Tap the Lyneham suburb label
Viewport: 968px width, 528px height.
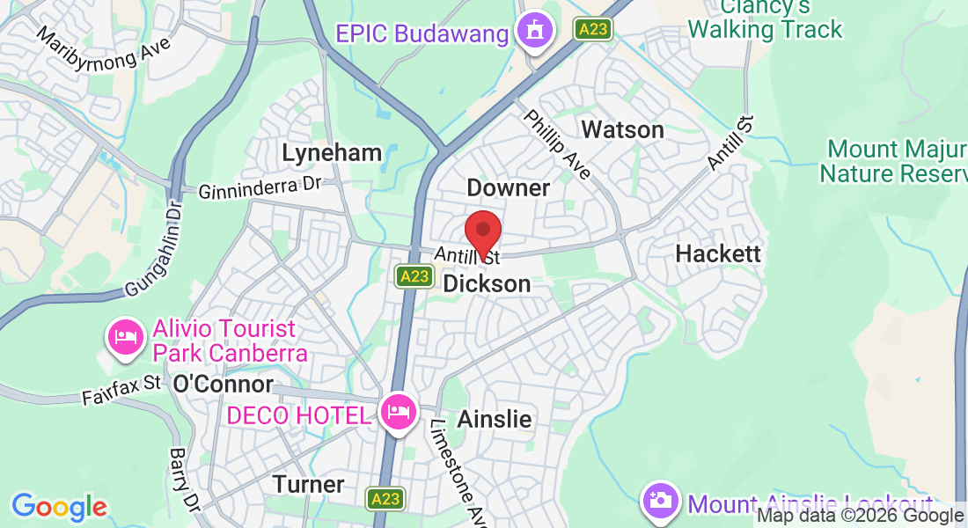[x=332, y=153]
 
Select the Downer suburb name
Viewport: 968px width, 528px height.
[x=508, y=187]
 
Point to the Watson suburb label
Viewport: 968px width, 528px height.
[x=622, y=130]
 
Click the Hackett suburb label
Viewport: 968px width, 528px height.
[x=717, y=253]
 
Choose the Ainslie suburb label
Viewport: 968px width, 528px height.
[x=494, y=419]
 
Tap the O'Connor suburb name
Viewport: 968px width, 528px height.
[x=224, y=385]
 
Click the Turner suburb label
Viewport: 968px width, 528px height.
[x=308, y=484]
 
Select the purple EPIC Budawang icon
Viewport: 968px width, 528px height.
[x=533, y=33]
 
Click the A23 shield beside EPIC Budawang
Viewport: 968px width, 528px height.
[x=592, y=30]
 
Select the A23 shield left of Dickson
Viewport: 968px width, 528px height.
[x=413, y=276]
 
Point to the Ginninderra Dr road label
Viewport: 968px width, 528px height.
[x=260, y=189]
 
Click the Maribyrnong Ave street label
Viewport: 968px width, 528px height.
[x=104, y=52]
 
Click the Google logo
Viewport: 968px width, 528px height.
[x=59, y=507]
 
